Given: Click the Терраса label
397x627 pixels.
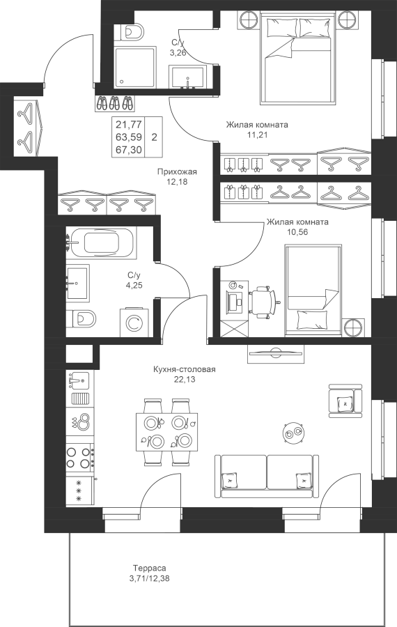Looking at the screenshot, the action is click(150, 568).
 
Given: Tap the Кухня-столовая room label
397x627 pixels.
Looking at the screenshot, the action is click(185, 369).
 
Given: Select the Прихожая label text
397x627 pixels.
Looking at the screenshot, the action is click(177, 172).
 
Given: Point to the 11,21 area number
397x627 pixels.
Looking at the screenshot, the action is click(257, 134).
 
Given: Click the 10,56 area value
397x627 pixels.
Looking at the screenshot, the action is click(297, 232).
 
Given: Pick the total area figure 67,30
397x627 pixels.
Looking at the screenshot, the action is click(129, 149).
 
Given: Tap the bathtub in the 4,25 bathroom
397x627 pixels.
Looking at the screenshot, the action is click(101, 242).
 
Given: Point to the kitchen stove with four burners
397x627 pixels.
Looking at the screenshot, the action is click(79, 456).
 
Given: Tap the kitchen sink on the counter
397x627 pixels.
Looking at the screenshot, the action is click(79, 380).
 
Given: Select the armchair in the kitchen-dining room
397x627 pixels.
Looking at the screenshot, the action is click(345, 401).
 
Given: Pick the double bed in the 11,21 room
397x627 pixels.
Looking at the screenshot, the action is click(296, 58).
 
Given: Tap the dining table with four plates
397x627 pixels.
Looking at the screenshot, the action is click(166, 432).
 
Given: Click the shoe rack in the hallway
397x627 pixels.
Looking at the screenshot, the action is click(115, 104).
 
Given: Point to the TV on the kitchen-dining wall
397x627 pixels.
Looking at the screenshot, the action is click(275, 353).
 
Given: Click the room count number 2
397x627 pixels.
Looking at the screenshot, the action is click(155, 137).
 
